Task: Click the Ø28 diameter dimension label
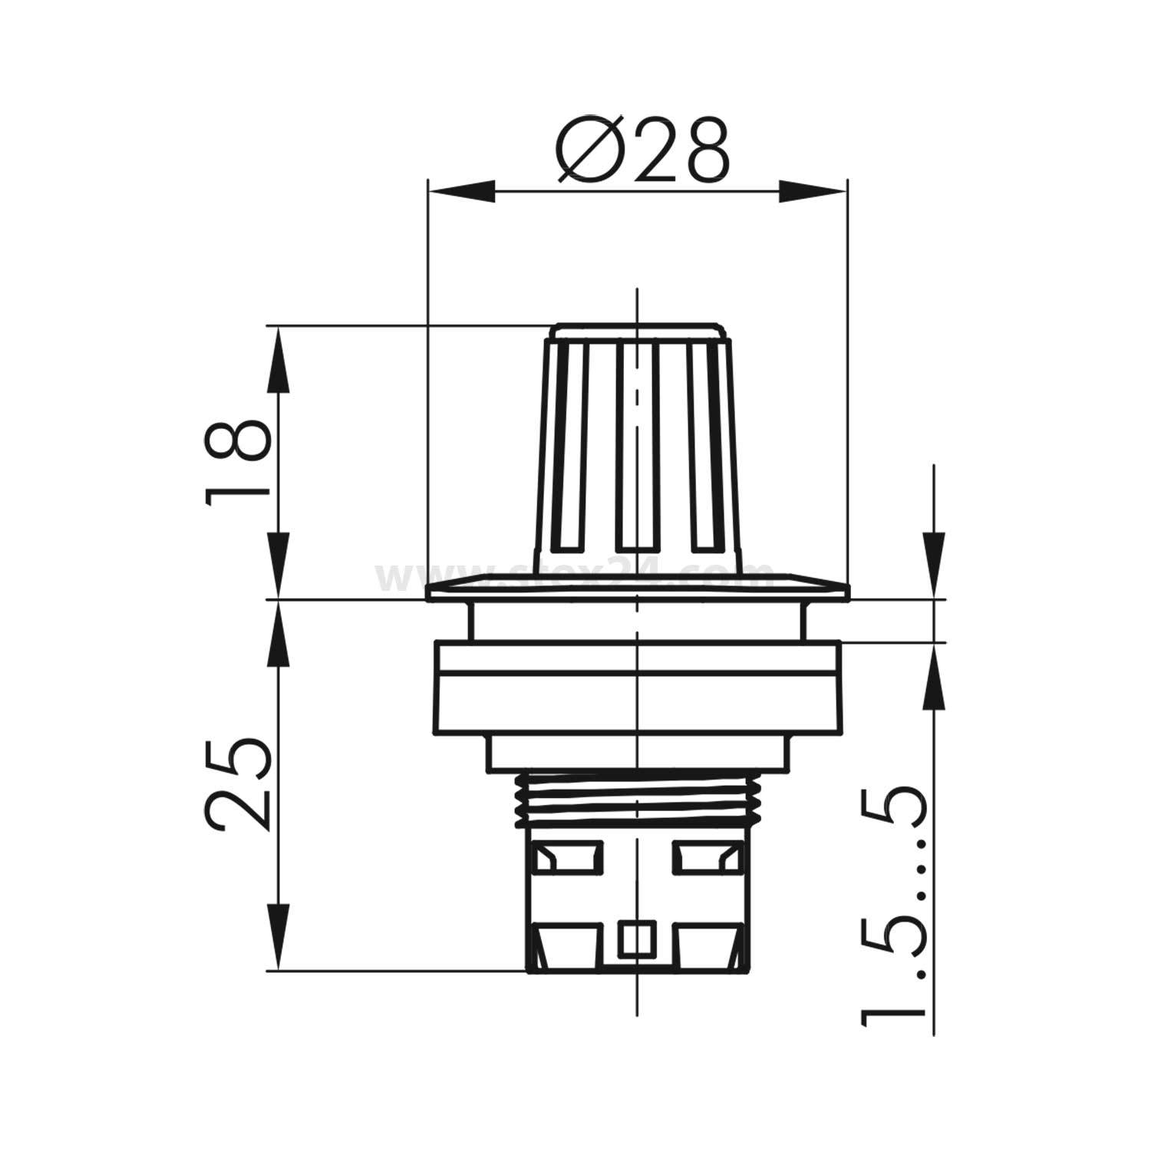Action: pyautogui.click(x=641, y=151)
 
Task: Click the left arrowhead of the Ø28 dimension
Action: pyautogui.click(x=460, y=192)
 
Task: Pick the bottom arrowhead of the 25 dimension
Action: pyautogui.click(x=279, y=940)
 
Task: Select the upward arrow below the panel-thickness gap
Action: pyautogui.click(x=934, y=675)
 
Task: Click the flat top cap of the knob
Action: pyautogui.click(x=637, y=332)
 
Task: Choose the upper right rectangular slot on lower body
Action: pyautogui.click(x=707, y=857)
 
